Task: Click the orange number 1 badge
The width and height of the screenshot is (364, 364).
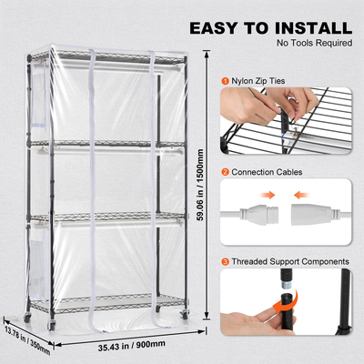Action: pos(225,81)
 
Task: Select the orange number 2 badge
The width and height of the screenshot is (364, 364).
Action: pos(225,171)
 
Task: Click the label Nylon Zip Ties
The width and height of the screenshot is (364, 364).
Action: pos(258,81)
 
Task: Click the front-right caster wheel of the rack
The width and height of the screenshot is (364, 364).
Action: pos(180,325)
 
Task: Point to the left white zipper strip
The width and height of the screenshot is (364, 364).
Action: pos(96,191)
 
